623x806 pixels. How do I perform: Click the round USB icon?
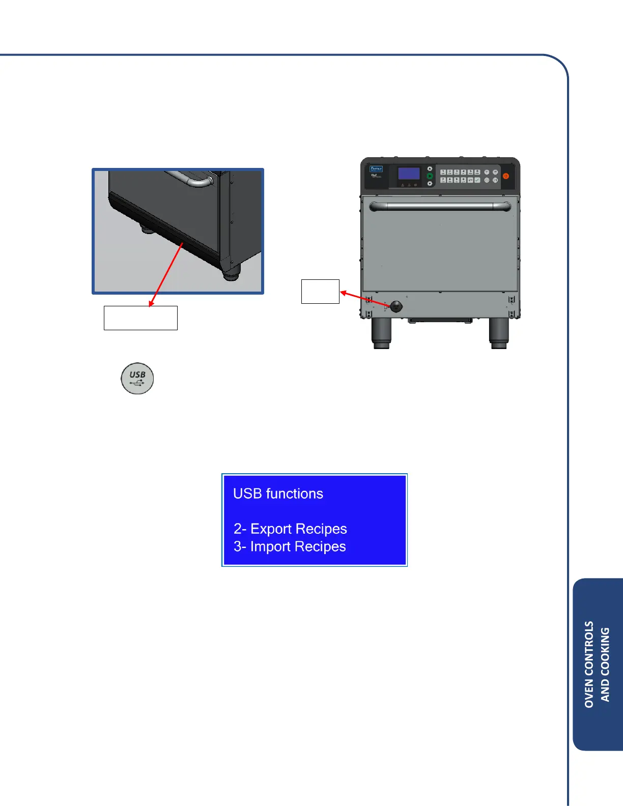click(x=137, y=379)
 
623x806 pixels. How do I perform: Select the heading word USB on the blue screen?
click(x=247, y=494)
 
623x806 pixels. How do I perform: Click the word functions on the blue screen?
click(x=294, y=494)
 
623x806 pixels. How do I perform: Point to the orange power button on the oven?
click(x=506, y=176)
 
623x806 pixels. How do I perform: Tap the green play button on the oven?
click(x=430, y=176)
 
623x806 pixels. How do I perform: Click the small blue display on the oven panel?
click(x=409, y=173)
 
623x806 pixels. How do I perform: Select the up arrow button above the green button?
click(x=430, y=168)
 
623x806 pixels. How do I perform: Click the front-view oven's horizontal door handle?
click(x=440, y=206)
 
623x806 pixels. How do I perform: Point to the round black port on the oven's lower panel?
click(x=396, y=306)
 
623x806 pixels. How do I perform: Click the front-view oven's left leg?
click(x=381, y=333)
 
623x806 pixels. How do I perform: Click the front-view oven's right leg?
click(x=498, y=333)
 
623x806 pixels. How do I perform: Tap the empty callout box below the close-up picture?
click(x=140, y=318)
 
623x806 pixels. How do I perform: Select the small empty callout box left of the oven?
click(x=320, y=292)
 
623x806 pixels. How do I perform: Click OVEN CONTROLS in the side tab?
click(x=589, y=664)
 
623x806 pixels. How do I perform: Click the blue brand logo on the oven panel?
click(x=376, y=169)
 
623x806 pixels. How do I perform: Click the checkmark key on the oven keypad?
click(x=477, y=180)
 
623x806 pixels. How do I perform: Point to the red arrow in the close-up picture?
click(x=166, y=275)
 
